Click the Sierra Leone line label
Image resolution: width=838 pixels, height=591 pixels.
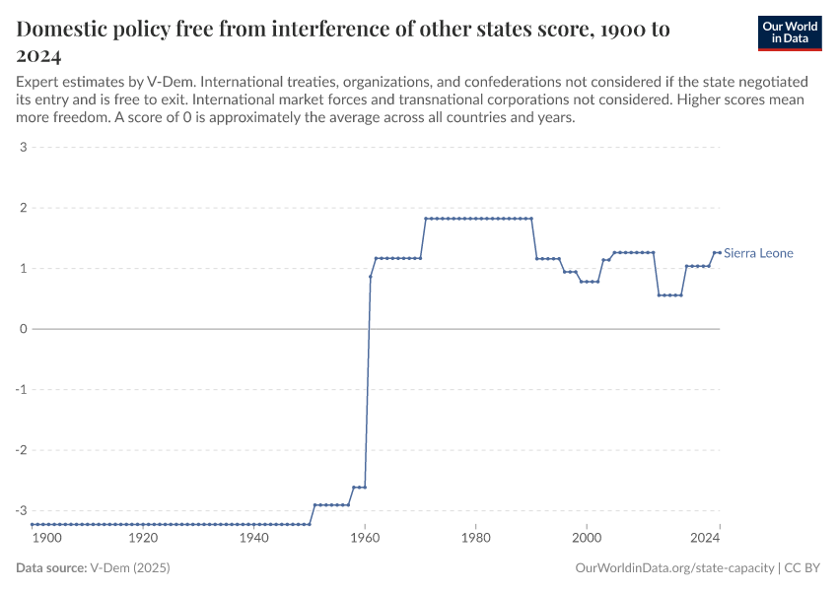[x=758, y=253]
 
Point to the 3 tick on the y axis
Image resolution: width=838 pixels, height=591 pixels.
[x=22, y=148]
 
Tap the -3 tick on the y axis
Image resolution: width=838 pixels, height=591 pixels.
[x=20, y=510]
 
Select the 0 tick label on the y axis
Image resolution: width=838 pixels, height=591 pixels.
[x=22, y=329]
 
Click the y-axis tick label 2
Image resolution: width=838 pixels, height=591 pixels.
[x=22, y=208]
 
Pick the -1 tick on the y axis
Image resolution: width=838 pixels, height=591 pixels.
[x=20, y=389]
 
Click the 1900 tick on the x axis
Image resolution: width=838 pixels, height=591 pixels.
[x=47, y=539]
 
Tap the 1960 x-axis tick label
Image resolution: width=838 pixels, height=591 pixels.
[x=365, y=539]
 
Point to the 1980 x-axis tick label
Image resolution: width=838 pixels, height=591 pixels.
[x=475, y=539]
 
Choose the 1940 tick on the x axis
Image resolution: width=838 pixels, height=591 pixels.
[x=254, y=539]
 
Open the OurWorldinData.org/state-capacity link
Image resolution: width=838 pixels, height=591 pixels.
[x=675, y=568]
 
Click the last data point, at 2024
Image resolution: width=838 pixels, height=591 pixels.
[x=720, y=252]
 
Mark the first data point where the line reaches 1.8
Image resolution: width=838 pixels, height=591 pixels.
[x=426, y=219]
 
